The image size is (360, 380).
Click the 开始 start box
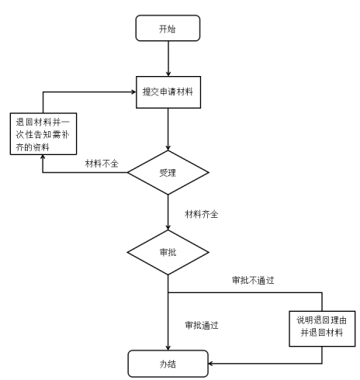point(168,28)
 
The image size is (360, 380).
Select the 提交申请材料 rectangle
point(168,92)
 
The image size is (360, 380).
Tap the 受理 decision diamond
point(168,172)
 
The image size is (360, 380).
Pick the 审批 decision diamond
point(168,252)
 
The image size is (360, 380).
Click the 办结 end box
point(168,364)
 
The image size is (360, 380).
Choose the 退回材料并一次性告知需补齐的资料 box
point(43,134)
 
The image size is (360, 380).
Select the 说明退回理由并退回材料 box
point(322,329)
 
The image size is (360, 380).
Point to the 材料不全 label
point(102,164)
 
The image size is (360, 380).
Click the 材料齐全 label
point(202,214)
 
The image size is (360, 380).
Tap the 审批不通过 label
point(253,280)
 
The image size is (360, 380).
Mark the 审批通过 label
point(202,325)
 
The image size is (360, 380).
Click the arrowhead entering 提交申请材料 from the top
point(168,74)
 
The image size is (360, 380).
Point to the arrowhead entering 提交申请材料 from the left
point(133,92)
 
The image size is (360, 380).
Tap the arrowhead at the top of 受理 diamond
point(168,148)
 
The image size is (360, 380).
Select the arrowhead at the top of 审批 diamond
point(168,227)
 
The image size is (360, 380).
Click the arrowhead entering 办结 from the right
point(211,364)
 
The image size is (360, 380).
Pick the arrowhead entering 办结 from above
point(168,347)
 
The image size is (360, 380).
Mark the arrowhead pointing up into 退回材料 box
point(43,157)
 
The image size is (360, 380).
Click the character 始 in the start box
point(171,29)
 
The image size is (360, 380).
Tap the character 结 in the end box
point(171,364)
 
